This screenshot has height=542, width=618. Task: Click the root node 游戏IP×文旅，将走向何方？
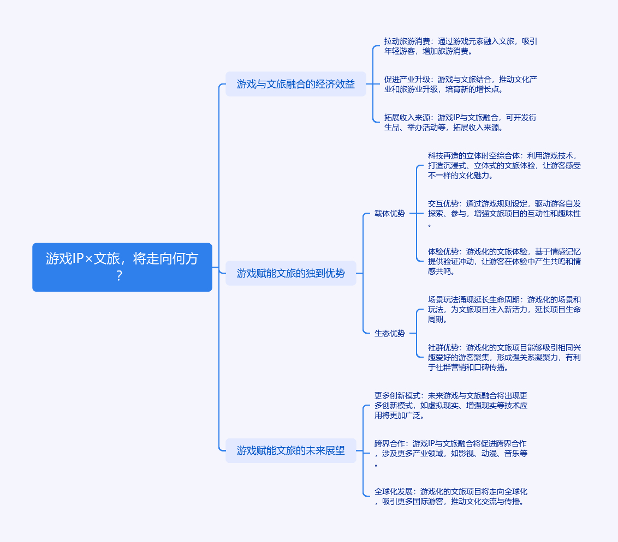(x=122, y=267)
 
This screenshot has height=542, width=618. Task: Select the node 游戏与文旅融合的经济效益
(x=295, y=84)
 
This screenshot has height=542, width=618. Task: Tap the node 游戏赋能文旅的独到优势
(x=290, y=273)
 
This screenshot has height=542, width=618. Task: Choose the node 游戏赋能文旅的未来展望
(x=290, y=450)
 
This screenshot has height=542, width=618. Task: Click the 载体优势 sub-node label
(x=390, y=213)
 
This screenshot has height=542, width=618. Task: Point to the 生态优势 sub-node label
(x=390, y=333)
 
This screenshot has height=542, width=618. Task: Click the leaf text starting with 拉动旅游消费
(x=460, y=46)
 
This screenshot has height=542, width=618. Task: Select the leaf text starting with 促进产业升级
(x=460, y=84)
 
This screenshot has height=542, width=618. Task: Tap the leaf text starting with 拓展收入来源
(x=460, y=122)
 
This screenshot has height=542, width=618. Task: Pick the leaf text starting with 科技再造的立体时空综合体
(x=504, y=165)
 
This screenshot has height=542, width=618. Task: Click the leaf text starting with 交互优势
(x=504, y=213)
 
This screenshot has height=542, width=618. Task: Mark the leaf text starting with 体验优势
(x=504, y=261)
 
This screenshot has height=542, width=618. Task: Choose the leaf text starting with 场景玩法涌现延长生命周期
(x=504, y=309)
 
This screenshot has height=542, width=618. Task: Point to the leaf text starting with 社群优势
(x=504, y=357)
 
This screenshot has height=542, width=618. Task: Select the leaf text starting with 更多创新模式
(x=450, y=405)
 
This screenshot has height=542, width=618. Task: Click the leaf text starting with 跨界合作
(x=450, y=453)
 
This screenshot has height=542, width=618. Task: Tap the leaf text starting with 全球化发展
(x=450, y=496)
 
